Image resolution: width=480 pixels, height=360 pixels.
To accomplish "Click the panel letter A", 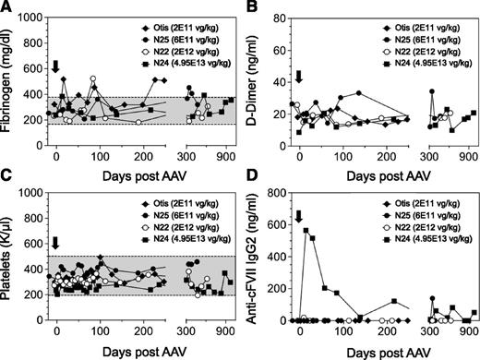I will point(7,8).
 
